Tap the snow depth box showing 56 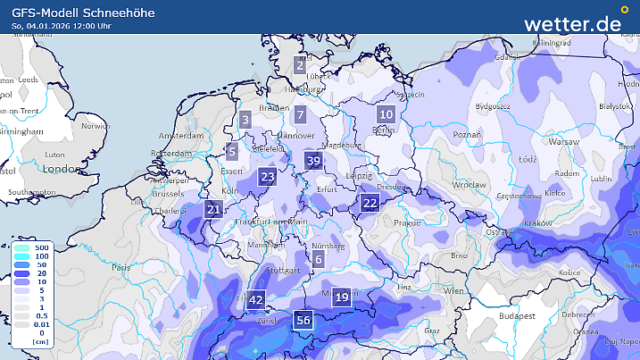[x=303, y=321]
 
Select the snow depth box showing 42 [x=256, y=300]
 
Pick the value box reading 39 [x=312, y=161]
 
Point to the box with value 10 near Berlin [x=386, y=114]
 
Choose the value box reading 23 [x=268, y=177]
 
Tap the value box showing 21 [x=213, y=210]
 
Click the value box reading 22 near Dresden [x=370, y=203]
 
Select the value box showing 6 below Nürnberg [x=319, y=260]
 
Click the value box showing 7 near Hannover [x=301, y=114]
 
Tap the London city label [x=62, y=169]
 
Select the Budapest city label [x=516, y=315]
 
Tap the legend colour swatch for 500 [x=20, y=246]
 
